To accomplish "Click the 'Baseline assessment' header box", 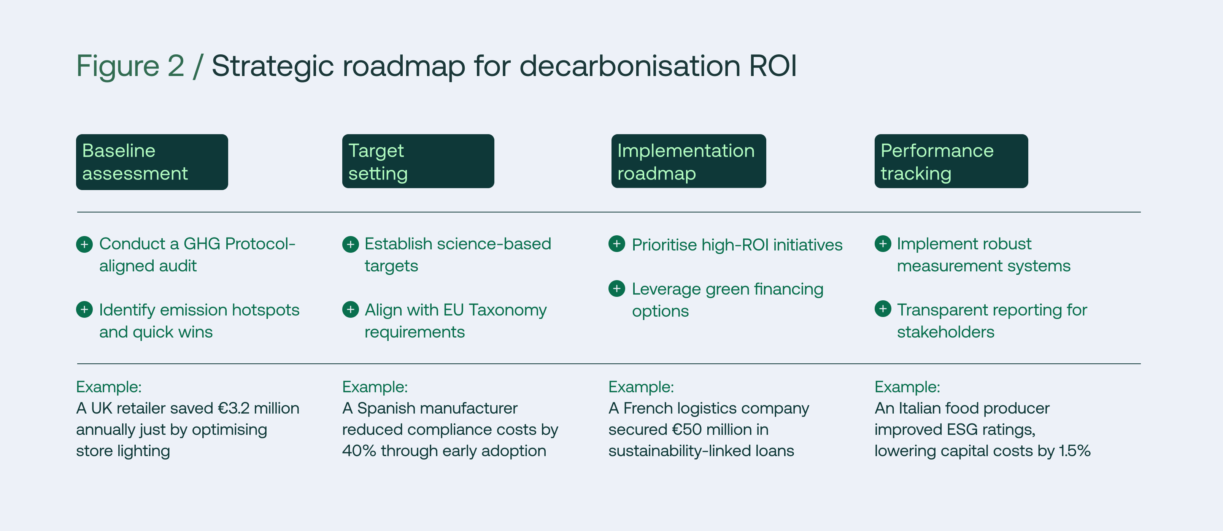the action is (152, 162).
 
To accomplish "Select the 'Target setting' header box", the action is (418, 161).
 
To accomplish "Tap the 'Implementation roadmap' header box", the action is (688, 161).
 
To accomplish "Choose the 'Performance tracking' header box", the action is (951, 161).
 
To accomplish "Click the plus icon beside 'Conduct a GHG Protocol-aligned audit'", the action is (84, 244).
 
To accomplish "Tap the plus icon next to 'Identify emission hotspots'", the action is (84, 310).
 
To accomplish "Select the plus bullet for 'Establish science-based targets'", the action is (350, 244).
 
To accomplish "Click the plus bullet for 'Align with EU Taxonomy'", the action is (350, 310).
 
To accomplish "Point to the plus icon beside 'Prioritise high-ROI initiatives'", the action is (617, 244).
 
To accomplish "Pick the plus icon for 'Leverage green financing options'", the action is (617, 288).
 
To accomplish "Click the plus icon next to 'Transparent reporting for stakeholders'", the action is (883, 309).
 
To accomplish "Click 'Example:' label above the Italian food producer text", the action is (907, 387).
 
